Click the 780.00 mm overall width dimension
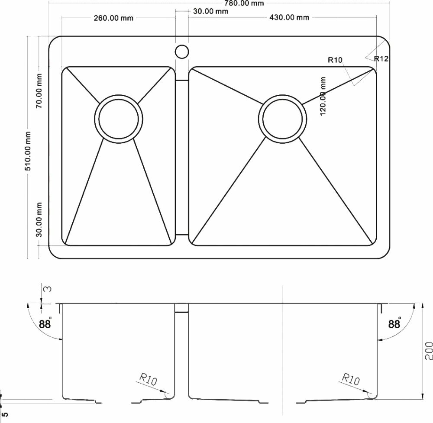[x=243, y=3]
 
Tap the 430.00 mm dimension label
[x=289, y=17]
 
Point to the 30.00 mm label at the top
[x=210, y=11]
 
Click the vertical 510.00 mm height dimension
[x=28, y=151]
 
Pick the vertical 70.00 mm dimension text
[x=39, y=91]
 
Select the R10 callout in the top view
[x=335, y=60]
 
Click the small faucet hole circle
[x=182, y=52]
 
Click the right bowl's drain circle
[x=281, y=118]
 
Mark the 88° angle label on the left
[x=45, y=323]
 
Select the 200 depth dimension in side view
[x=428, y=351]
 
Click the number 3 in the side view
[x=48, y=288]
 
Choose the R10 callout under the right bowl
[x=351, y=380]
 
